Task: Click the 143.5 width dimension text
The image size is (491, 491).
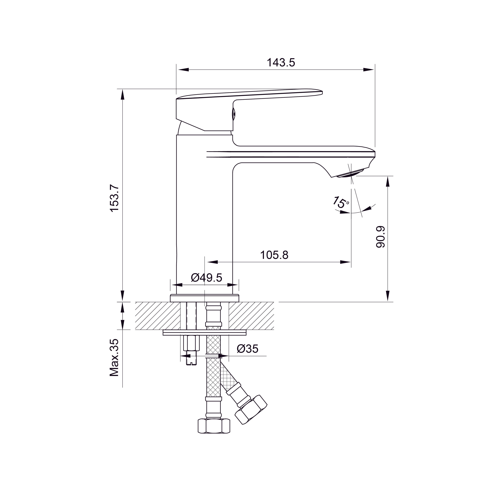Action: [x=281, y=63]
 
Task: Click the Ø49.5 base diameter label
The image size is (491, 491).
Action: [x=206, y=278]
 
